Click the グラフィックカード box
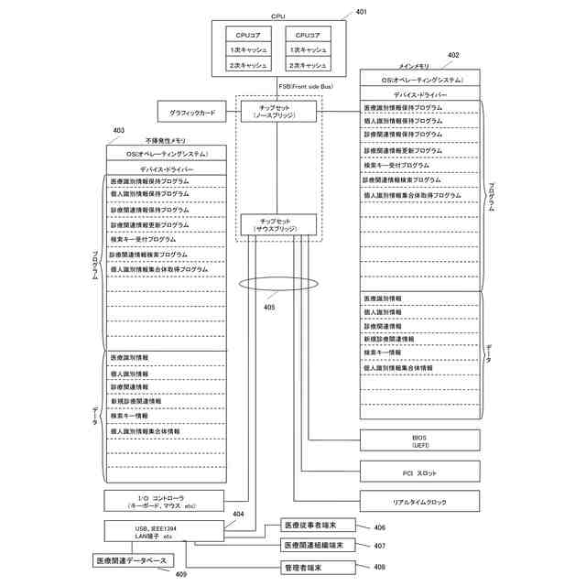(x=192, y=114)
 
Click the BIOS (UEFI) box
(x=419, y=441)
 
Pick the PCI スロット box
(x=419, y=472)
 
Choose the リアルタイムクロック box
(x=419, y=502)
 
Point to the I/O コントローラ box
(x=163, y=501)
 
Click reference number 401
(x=362, y=12)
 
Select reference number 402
(x=453, y=55)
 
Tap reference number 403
(x=119, y=131)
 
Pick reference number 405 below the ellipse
(x=269, y=308)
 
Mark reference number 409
(x=181, y=575)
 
